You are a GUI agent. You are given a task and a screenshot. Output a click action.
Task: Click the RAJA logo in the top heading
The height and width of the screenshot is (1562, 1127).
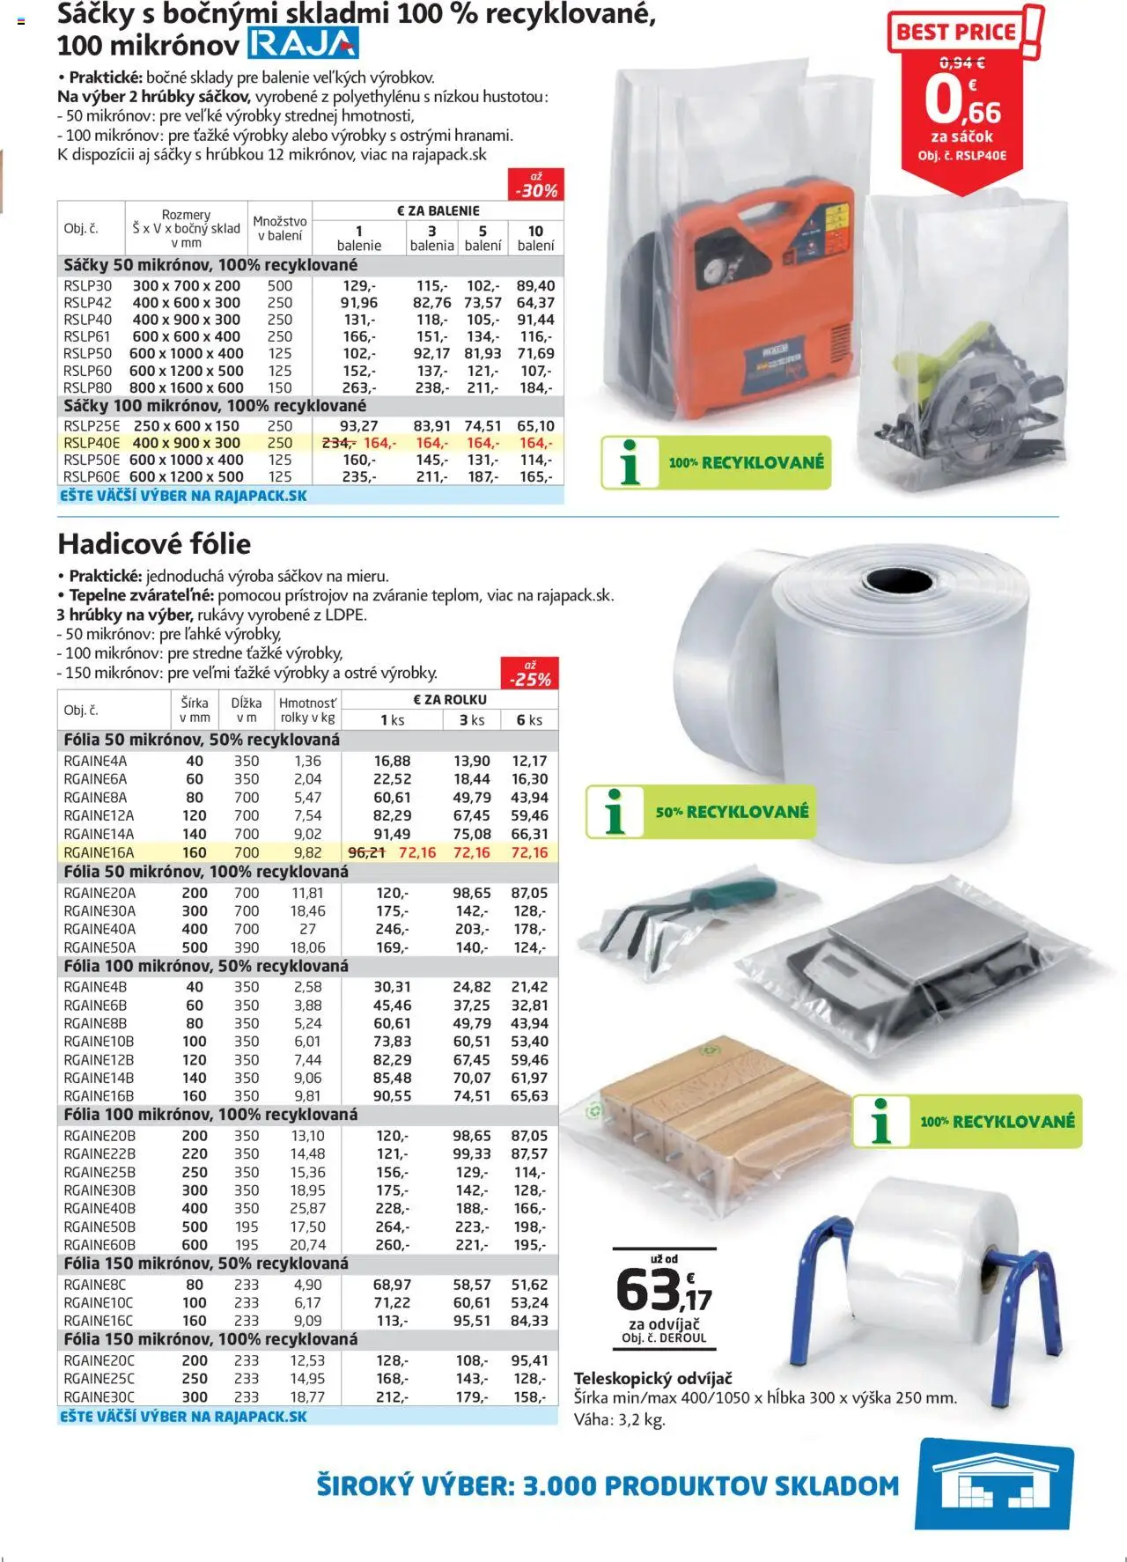tap(303, 43)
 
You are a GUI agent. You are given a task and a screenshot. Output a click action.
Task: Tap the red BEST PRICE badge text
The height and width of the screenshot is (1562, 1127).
tap(955, 33)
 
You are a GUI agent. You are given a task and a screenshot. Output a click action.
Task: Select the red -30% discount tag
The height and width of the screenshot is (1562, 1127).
tap(536, 186)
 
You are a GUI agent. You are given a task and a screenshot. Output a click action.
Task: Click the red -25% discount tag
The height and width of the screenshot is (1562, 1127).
tap(530, 674)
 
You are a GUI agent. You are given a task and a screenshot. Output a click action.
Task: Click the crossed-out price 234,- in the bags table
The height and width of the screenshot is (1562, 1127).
tap(338, 443)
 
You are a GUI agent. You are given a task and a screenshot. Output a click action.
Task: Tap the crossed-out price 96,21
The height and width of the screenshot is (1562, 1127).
tap(367, 852)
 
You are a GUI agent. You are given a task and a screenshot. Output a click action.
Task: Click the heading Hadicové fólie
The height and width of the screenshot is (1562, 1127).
tap(154, 543)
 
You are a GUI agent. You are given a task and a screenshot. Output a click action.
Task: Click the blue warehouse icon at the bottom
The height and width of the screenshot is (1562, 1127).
tap(994, 1486)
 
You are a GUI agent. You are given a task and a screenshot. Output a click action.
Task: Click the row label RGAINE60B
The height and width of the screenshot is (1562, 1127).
tap(99, 1244)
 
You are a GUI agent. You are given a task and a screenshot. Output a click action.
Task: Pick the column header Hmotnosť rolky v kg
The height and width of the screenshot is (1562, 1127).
tap(307, 710)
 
